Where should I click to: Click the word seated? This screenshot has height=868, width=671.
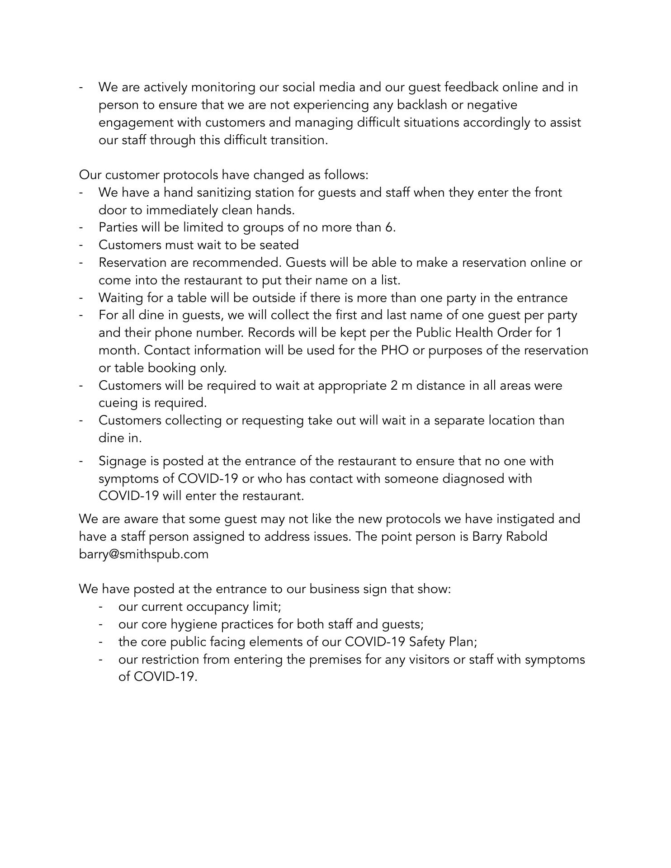coord(279,245)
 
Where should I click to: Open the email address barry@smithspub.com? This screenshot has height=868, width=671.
coord(144,554)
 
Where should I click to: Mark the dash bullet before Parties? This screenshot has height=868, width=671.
coord(81,227)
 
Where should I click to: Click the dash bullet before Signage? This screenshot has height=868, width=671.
coord(81,461)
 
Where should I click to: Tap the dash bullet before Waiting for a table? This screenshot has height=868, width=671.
coord(81,298)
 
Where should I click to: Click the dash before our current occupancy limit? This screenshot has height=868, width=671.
coord(101,607)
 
